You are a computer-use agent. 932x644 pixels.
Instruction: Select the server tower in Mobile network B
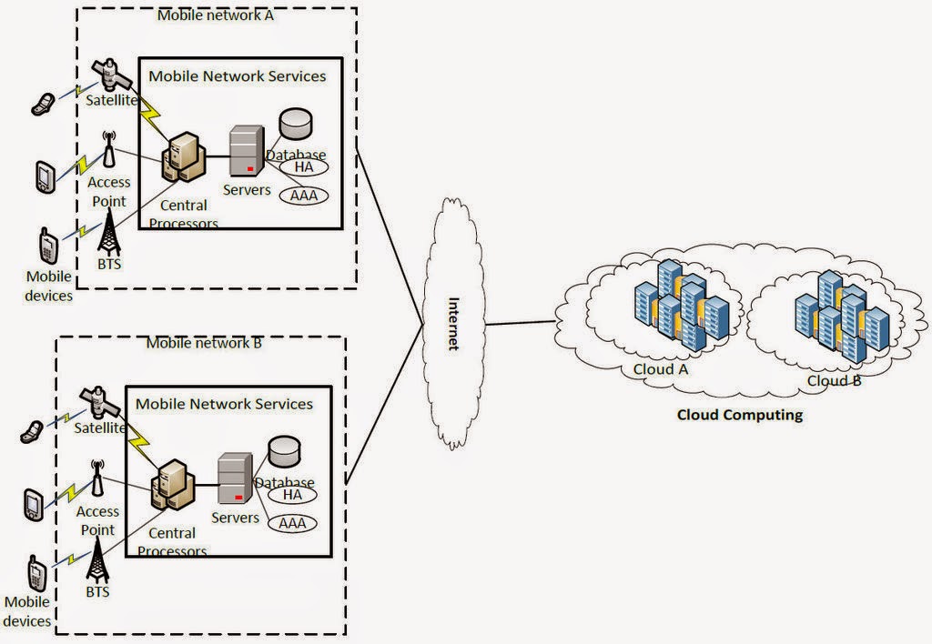click(233, 479)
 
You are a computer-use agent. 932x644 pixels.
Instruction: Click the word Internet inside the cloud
click(453, 324)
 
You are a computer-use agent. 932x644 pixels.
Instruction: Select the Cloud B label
click(834, 379)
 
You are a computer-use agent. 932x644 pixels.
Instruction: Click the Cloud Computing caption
click(740, 415)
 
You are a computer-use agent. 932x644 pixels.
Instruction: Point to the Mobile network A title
click(215, 15)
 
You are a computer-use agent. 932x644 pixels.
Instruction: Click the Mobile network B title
click(204, 344)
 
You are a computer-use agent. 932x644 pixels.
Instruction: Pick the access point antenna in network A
click(108, 150)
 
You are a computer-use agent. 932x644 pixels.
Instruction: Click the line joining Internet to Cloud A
click(520, 322)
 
